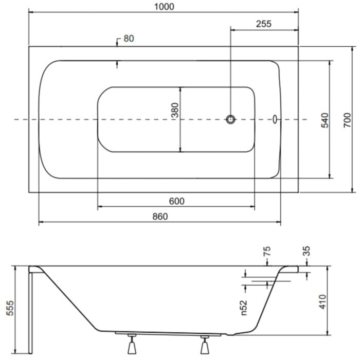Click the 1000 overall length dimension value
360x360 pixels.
click(x=164, y=6)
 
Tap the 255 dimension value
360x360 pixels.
click(x=263, y=24)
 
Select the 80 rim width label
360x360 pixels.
click(x=129, y=39)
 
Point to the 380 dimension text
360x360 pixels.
click(x=175, y=110)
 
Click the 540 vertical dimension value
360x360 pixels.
click(x=325, y=120)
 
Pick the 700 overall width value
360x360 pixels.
click(x=347, y=120)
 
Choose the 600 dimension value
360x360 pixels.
click(x=176, y=202)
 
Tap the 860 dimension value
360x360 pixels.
click(x=160, y=217)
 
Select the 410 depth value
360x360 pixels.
click(x=323, y=302)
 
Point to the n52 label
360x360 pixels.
click(x=244, y=308)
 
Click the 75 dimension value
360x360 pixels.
click(x=267, y=251)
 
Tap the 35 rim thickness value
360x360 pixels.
click(x=307, y=251)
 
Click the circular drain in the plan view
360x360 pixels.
click(x=230, y=119)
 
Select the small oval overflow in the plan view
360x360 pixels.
click(x=275, y=119)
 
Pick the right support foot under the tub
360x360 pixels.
click(x=205, y=345)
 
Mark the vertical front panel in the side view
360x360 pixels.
click(x=30, y=313)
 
